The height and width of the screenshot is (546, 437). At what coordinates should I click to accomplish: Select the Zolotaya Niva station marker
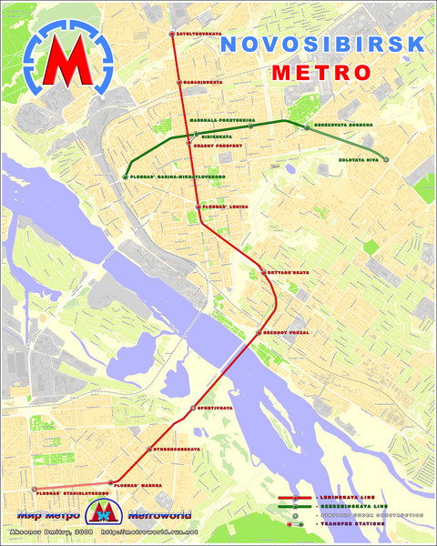click(x=386, y=160)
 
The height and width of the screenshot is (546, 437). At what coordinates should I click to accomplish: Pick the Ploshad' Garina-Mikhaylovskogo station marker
click(x=126, y=177)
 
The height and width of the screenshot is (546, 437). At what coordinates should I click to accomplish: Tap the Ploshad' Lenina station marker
click(x=198, y=207)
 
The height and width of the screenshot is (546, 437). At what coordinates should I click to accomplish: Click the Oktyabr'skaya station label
click(x=284, y=272)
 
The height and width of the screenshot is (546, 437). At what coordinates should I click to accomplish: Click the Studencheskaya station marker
click(x=148, y=450)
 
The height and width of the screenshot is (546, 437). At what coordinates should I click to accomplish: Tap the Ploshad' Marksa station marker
click(x=111, y=482)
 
